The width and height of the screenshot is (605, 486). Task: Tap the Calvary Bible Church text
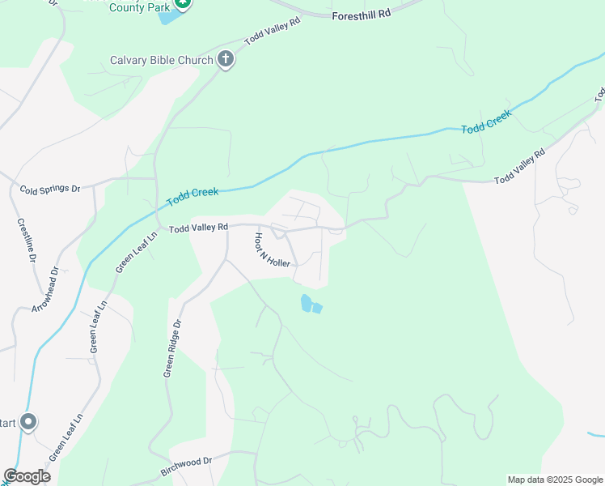tap(162, 60)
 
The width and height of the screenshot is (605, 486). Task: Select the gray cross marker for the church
tap(226, 59)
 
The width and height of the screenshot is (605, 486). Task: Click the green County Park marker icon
tap(184, 3)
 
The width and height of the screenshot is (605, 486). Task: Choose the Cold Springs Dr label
tap(50, 188)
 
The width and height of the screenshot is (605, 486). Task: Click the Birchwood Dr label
tap(186, 466)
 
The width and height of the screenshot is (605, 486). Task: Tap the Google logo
tap(27, 476)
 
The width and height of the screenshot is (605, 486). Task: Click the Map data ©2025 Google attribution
tap(554, 480)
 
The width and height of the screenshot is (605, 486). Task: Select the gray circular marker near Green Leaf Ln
tap(28, 422)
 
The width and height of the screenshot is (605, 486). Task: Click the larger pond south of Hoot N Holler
tap(307, 303)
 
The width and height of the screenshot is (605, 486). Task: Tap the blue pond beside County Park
tap(167, 16)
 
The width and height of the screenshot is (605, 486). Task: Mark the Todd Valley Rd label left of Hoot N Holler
tap(198, 229)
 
